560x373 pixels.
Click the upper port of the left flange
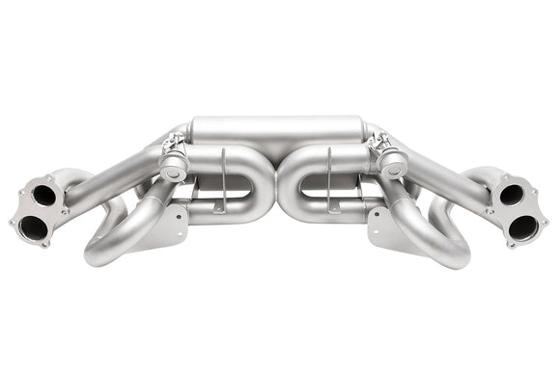point(43,195)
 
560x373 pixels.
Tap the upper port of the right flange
point(513,195)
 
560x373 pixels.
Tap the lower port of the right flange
point(524,228)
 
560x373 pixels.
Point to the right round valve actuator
point(391,166)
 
